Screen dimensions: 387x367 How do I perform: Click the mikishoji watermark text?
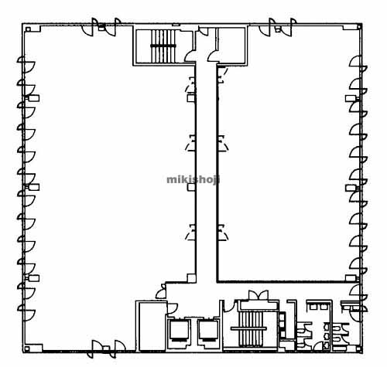pos(193,179)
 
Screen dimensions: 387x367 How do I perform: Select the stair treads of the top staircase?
pos(163,46)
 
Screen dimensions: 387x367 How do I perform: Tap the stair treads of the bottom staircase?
pos(250,328)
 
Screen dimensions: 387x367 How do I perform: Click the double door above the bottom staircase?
pos(259,295)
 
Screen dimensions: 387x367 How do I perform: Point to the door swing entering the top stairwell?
pos(190,56)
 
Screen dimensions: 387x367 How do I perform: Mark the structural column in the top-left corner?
pos(28,29)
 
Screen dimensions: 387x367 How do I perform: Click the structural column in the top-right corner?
pos(359,26)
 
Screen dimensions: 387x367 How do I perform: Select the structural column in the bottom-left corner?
pos(27,349)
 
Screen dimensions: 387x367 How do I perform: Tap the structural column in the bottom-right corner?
pos(359,349)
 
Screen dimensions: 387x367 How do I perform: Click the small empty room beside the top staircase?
pos(231,45)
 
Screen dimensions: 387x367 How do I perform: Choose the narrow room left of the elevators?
pos(152,326)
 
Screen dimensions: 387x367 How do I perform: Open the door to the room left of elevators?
pos(172,308)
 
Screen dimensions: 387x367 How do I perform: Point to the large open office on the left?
pos(108,180)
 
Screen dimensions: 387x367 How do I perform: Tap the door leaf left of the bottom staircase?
pos(229,306)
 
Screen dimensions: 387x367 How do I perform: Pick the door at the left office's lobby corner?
pos(161,291)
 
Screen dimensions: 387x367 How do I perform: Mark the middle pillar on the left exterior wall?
pos(33,187)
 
